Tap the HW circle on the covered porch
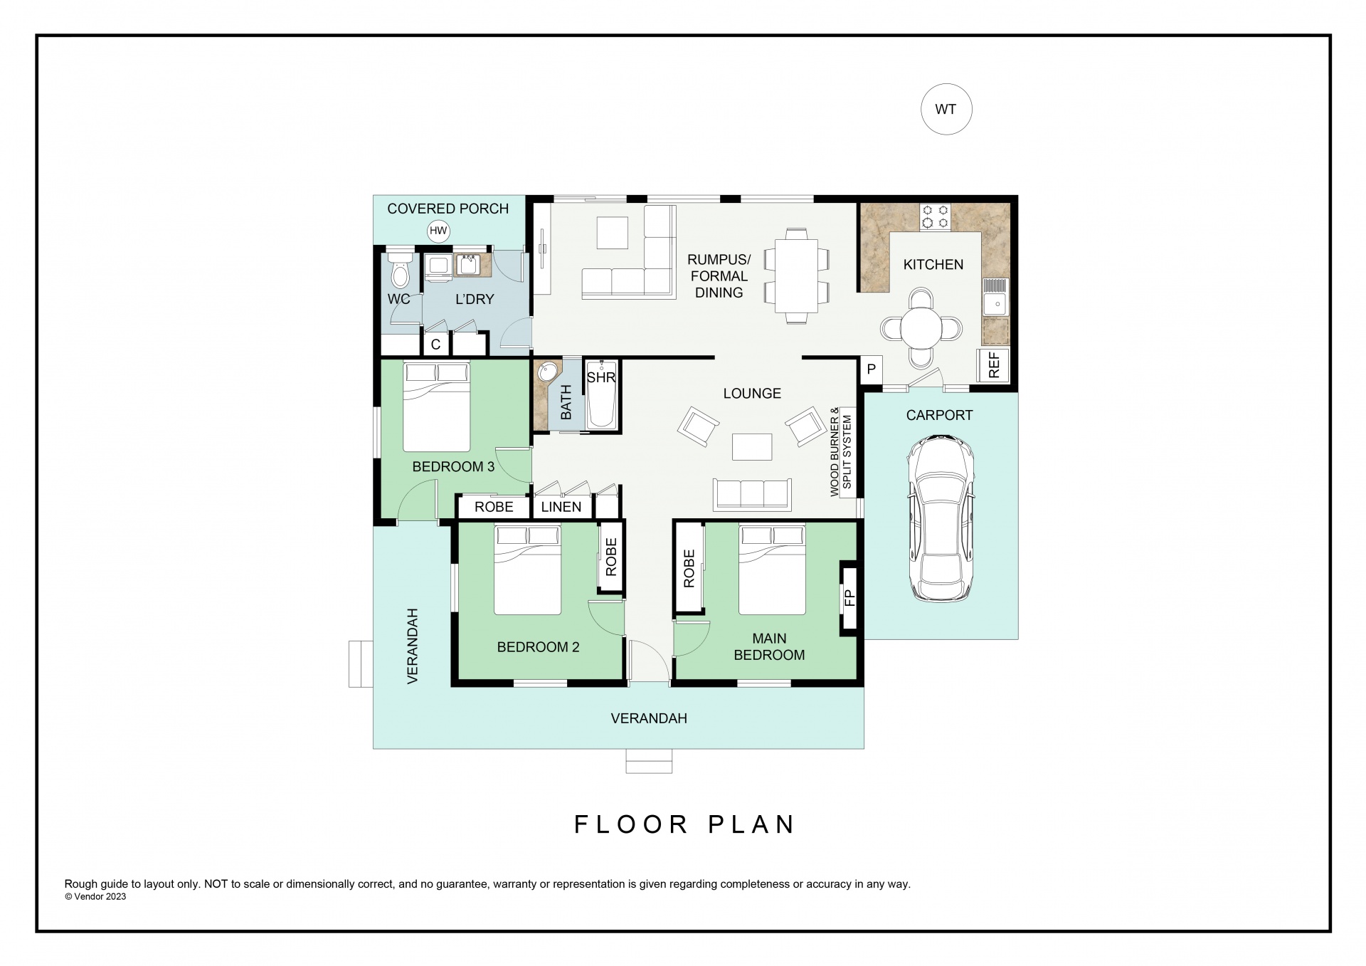coord(438,231)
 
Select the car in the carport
coord(940,519)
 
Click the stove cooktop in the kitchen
coord(935,216)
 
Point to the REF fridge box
coord(994,364)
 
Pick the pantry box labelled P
coord(871,369)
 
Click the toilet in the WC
coord(400,269)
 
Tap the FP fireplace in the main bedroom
coord(849,597)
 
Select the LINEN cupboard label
coord(561,507)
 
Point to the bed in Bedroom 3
coord(437,406)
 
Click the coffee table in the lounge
coord(752,446)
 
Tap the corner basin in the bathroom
coord(546,373)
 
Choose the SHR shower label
coord(601,378)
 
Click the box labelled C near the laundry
coord(436,345)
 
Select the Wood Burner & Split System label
coord(841,451)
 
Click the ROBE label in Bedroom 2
coord(611,557)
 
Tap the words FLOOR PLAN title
coord(684,824)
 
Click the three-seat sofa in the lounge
coord(753,494)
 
